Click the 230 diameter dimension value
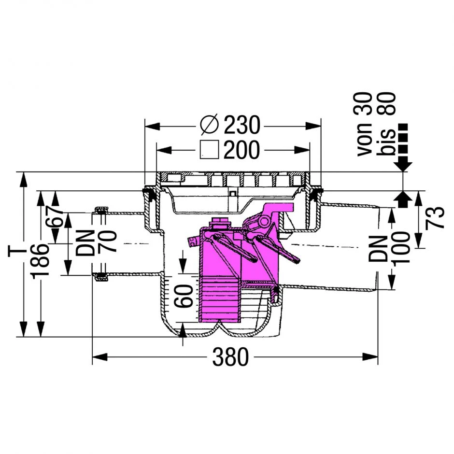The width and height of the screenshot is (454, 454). point(242,125)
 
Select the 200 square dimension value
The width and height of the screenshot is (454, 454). point(241,150)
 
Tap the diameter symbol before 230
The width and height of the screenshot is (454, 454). point(209,125)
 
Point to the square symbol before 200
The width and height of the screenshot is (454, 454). point(209,150)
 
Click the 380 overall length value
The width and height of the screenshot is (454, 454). point(230,357)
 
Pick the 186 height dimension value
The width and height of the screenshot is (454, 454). point(40,261)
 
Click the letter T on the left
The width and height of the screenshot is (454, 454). point(14,251)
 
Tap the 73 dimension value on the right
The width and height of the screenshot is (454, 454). point(435,217)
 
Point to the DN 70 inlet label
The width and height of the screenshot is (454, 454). point(96,242)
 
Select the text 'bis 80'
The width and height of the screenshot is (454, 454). point(386,125)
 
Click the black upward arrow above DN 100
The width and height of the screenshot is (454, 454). point(403,200)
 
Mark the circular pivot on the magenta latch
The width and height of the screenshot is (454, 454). point(264,222)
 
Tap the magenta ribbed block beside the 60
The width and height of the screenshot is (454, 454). point(219,299)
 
